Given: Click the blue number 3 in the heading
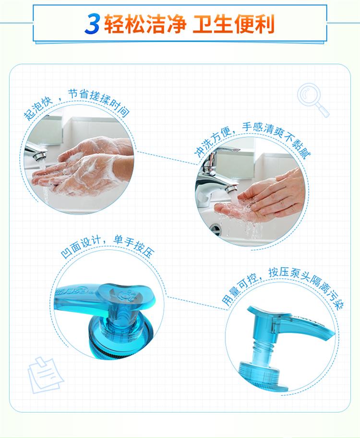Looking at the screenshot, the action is tap(92, 24).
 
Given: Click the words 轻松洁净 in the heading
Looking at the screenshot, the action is tap(145, 24).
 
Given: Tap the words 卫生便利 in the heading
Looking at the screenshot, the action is tap(234, 24).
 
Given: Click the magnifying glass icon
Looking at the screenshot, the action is tap(313, 100).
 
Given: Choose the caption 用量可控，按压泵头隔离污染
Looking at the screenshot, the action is tap(282, 288).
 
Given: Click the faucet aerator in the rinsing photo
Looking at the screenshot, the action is tap(231, 189).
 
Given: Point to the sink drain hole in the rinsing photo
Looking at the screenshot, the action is tap(216, 229).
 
